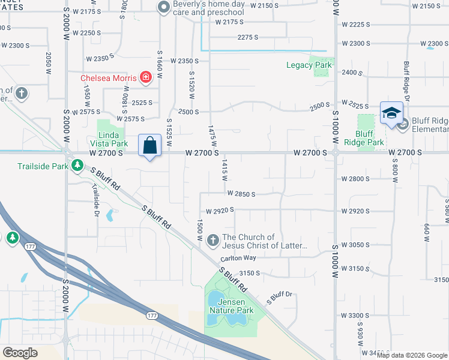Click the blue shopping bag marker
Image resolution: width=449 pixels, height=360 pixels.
click(x=150, y=145)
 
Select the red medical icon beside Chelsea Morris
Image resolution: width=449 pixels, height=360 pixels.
click(x=145, y=77)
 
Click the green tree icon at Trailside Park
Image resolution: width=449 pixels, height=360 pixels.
click(x=77, y=165)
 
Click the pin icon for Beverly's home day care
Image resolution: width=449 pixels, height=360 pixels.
click(x=163, y=8)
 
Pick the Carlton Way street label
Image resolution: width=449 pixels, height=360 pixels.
click(x=238, y=258)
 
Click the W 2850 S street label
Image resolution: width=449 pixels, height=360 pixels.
click(x=241, y=194)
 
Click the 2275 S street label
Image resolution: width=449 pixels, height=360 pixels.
click(x=247, y=37)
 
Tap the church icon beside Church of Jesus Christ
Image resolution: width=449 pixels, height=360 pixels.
click(x=212, y=241)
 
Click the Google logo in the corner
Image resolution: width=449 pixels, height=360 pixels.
click(x=20, y=352)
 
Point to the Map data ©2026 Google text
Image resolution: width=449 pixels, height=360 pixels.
click(x=411, y=355)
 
